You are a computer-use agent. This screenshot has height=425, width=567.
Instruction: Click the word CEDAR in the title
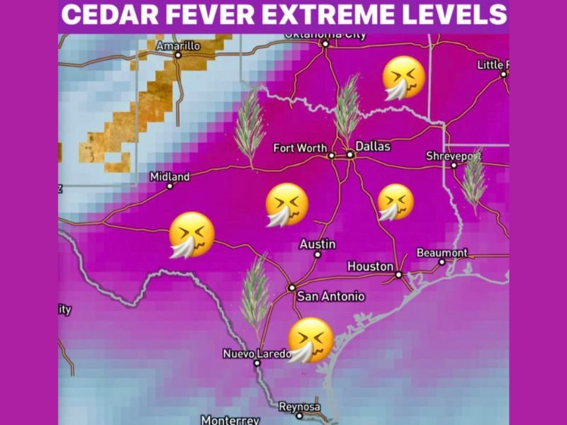(118, 15)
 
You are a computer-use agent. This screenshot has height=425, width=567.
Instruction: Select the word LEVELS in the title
(461, 15)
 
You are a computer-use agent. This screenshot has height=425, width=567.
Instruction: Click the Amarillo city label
(179, 45)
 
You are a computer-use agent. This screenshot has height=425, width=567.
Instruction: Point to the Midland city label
(170, 176)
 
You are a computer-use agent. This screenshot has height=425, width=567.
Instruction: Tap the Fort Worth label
(300, 148)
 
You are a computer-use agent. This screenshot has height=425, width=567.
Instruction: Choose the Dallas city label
(373, 146)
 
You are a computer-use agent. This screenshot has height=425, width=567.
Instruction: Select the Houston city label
(370, 266)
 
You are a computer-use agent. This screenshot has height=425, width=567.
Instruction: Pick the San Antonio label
(330, 296)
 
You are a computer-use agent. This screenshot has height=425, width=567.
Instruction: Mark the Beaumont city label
(442, 253)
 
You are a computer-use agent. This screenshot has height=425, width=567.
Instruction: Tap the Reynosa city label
(299, 407)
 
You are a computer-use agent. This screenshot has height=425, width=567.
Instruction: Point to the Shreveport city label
(454, 155)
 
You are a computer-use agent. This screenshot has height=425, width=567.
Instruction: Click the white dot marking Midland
(170, 186)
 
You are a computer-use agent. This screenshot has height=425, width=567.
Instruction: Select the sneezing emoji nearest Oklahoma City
(404, 78)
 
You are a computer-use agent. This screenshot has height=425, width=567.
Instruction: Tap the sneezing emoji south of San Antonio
(310, 340)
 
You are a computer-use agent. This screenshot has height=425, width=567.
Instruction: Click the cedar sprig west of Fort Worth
(249, 127)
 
